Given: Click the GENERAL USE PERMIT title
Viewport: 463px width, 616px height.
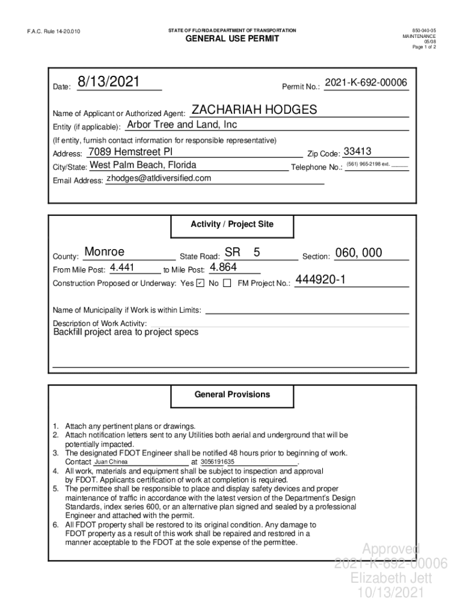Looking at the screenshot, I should click(231, 39).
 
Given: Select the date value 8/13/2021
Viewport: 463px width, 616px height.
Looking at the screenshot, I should click(109, 82).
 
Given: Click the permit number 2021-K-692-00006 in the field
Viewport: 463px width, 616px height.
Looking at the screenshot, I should click(366, 82).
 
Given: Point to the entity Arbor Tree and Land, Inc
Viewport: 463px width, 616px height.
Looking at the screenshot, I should click(182, 125).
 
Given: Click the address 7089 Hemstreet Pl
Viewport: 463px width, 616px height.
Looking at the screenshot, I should click(130, 151).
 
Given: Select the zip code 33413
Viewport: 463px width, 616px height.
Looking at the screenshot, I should click(357, 151).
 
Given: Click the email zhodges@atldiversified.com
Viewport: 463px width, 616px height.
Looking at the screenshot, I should click(159, 178).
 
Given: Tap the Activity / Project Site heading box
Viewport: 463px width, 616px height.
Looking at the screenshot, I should click(232, 224).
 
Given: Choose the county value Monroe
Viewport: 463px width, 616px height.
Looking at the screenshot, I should click(105, 252).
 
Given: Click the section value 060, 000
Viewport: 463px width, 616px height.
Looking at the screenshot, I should click(358, 253).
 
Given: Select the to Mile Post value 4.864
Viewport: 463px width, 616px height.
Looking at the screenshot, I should click(223, 267).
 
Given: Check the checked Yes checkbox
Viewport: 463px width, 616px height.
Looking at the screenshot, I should click(200, 283).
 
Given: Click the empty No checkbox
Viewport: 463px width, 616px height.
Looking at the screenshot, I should click(227, 283).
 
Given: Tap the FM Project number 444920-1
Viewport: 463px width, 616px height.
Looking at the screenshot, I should click(320, 280).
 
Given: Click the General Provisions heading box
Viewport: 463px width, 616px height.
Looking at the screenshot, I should click(232, 395).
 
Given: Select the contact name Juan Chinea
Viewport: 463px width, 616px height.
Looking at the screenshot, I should click(112, 462).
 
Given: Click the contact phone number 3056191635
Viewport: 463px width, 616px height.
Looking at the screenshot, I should click(218, 462).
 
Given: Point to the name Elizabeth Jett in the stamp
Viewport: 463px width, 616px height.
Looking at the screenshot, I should click(391, 578).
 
